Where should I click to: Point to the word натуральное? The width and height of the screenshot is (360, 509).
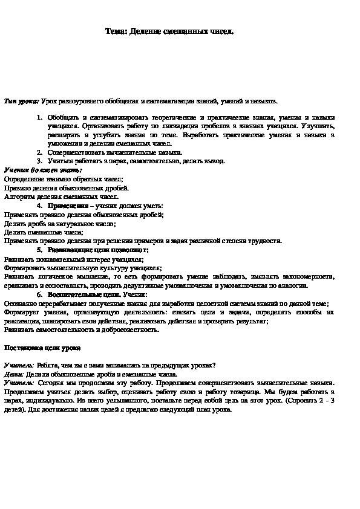coord(72,223)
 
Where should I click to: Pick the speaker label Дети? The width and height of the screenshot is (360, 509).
coord(15,374)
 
